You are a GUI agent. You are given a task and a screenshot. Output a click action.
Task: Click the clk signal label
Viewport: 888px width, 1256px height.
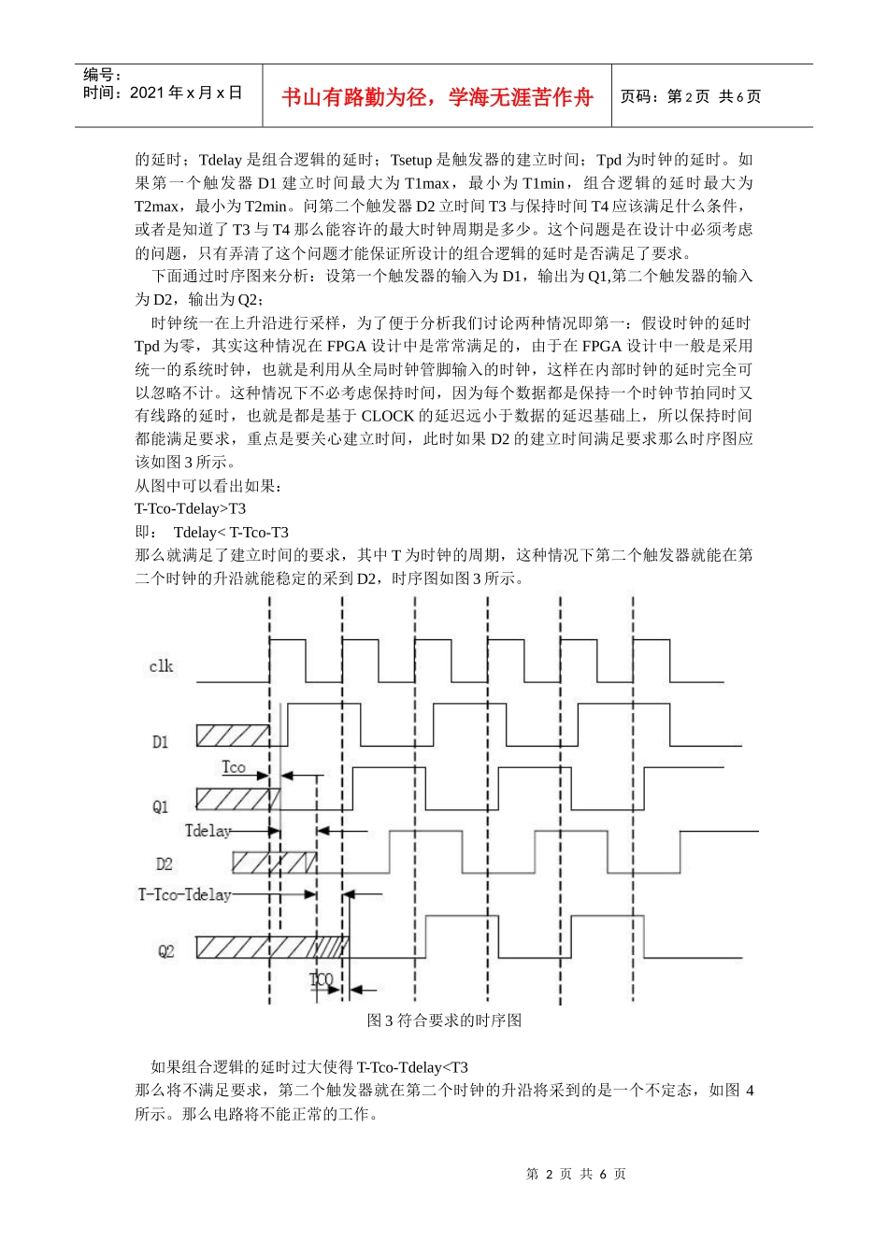click(x=161, y=666)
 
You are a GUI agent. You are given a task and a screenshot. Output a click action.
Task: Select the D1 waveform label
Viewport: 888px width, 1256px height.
click(x=161, y=742)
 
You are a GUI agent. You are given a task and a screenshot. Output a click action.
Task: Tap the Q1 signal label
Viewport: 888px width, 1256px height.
click(x=161, y=806)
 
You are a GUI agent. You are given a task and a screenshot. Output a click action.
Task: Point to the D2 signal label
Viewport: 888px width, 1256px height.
click(x=165, y=864)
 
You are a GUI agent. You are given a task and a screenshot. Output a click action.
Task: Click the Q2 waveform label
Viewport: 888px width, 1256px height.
click(x=165, y=951)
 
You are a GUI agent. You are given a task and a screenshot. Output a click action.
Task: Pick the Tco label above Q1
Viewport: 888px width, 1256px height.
click(x=234, y=767)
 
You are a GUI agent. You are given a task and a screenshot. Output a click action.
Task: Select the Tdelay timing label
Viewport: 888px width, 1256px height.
click(x=208, y=831)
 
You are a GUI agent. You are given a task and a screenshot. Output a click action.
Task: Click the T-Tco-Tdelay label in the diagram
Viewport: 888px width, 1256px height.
click(x=184, y=895)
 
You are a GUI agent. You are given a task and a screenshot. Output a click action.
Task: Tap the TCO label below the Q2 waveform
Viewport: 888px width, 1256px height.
click(x=322, y=979)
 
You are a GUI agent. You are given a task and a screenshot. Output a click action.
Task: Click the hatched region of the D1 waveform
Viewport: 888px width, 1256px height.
click(x=232, y=735)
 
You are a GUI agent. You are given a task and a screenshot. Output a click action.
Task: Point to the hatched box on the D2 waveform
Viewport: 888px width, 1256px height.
click(x=274, y=862)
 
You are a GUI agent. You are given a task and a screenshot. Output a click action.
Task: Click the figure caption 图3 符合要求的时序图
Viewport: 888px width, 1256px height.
click(x=444, y=1020)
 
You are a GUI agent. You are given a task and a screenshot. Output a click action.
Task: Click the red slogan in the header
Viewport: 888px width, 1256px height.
click(x=437, y=97)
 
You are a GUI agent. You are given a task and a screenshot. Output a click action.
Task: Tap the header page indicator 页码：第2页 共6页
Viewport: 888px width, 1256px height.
click(x=691, y=96)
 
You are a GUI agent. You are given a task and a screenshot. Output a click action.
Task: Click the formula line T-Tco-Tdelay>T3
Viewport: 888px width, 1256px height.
click(x=191, y=508)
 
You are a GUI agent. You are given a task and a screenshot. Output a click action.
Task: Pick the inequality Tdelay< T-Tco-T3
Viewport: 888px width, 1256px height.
click(x=231, y=532)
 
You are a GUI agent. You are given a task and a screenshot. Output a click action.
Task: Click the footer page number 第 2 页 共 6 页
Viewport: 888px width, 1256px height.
click(x=576, y=1174)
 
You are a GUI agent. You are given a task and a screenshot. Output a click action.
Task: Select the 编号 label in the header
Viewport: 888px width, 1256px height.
click(x=103, y=75)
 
